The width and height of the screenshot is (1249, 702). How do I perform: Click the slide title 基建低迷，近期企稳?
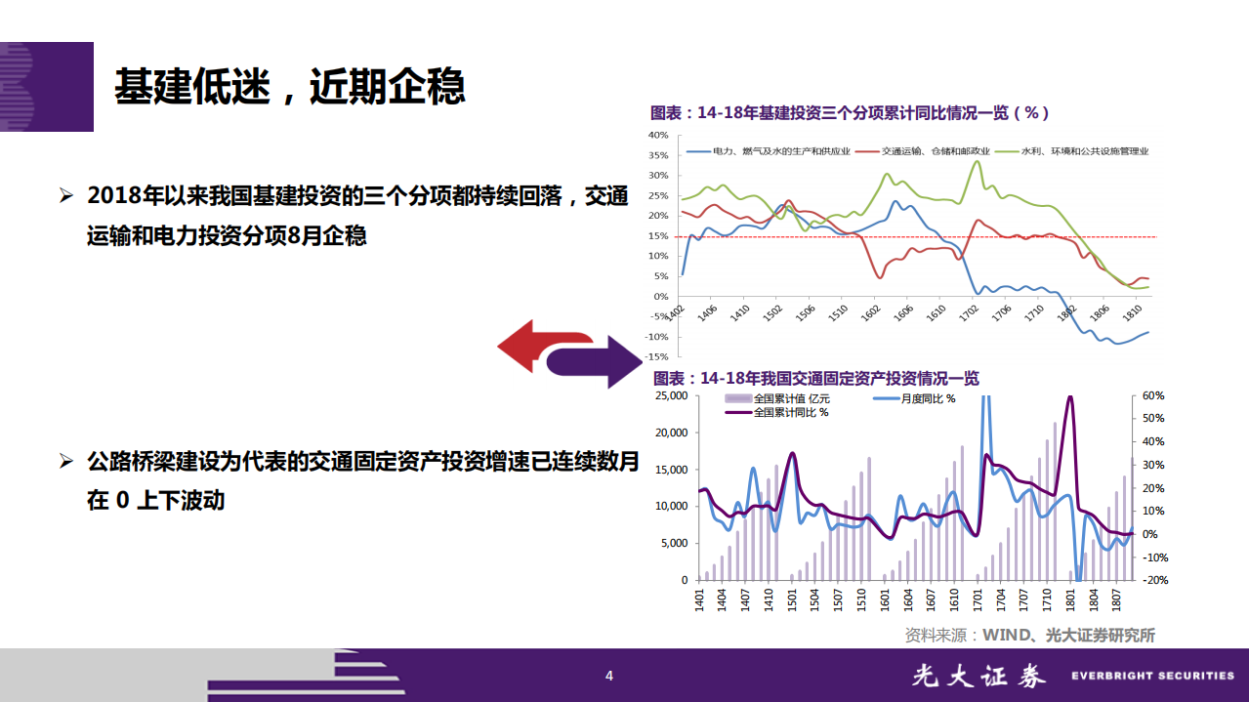tap(289, 87)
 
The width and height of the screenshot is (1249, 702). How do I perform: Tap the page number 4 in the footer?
tap(609, 676)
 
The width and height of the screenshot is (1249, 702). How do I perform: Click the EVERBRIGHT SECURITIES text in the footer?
tap(1152, 676)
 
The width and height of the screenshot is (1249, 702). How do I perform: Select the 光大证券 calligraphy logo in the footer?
tap(978, 676)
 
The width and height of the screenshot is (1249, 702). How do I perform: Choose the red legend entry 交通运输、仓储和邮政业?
tap(936, 151)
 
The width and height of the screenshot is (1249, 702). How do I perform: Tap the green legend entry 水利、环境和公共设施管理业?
tap(1084, 151)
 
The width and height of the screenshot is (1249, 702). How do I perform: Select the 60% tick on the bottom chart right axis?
tap(1153, 395)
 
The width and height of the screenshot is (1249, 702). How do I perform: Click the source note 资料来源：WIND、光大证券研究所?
tap(1029, 635)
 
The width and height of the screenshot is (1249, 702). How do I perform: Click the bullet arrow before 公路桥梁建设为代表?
tap(66, 460)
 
